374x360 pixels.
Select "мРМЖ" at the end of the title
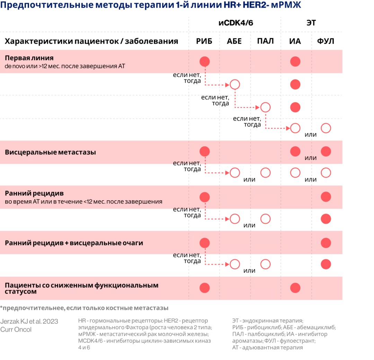point(290,6)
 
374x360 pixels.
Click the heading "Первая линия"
point(29,58)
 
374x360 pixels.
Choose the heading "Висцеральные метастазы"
point(50,152)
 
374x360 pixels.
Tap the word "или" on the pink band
point(311,158)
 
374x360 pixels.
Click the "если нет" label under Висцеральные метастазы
point(186,163)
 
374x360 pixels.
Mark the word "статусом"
point(20,292)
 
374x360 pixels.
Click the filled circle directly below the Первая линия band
point(295,85)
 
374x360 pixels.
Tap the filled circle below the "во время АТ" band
point(326,219)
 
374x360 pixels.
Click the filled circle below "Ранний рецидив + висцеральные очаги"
point(326,264)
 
